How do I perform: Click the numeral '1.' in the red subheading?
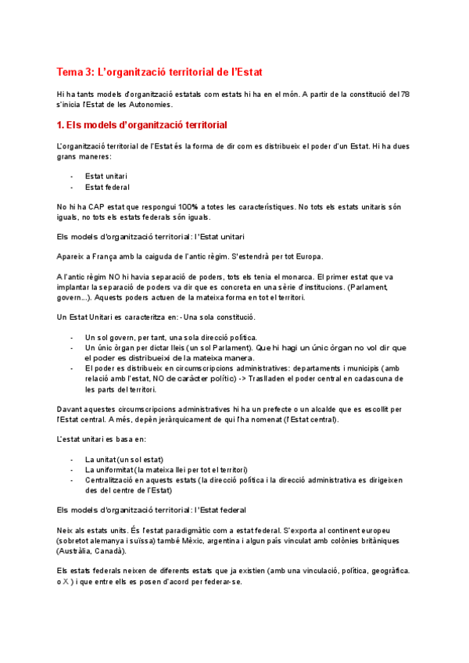click(x=62, y=125)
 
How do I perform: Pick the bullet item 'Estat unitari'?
click(x=106, y=176)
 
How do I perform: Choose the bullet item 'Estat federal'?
click(x=107, y=187)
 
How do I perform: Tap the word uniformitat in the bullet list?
click(x=112, y=469)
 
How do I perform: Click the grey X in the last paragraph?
click(x=68, y=581)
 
